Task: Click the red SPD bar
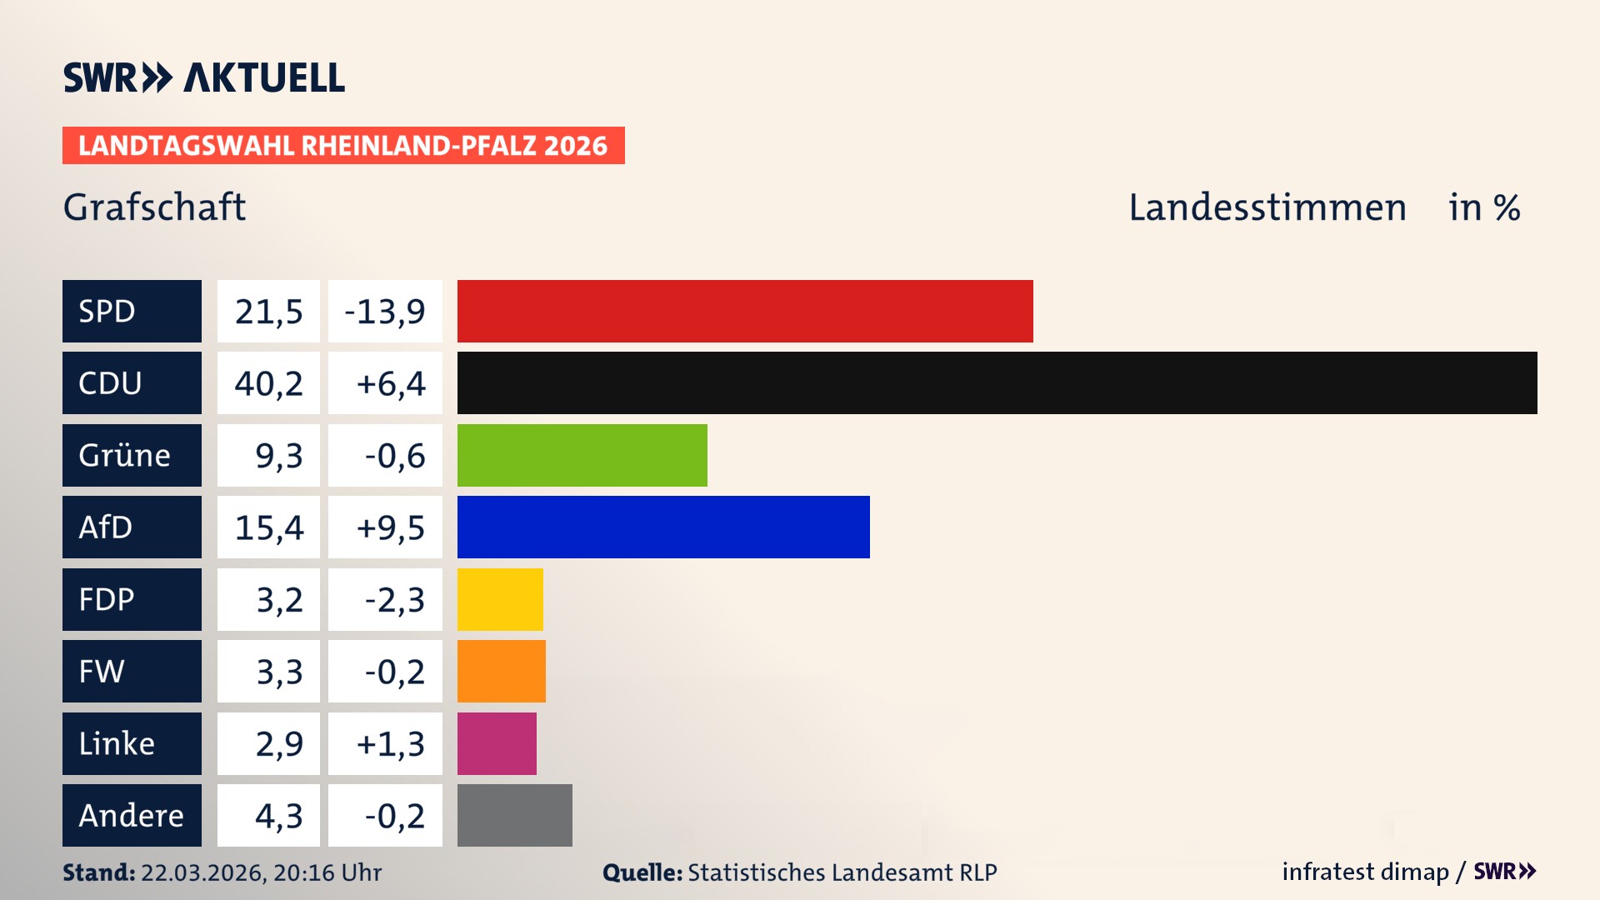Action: [745, 311]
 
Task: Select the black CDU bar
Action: [997, 383]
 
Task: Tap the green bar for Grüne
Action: [582, 455]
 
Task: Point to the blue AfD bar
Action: [663, 527]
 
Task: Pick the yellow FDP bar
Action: [500, 599]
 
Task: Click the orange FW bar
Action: [502, 671]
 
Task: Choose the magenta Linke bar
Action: [497, 743]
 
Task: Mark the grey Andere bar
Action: [514, 815]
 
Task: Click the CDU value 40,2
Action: [268, 383]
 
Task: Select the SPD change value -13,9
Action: [385, 311]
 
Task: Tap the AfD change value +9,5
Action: [390, 527]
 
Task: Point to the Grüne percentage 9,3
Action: [278, 455]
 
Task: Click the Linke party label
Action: [117, 743]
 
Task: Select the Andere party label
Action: [131, 815]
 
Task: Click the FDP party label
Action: [107, 599]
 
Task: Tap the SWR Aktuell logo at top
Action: [203, 77]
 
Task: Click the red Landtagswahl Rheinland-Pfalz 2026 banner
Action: [343, 146]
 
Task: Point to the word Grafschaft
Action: [154, 207]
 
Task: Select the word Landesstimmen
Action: [1267, 207]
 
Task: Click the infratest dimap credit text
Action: [1365, 872]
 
